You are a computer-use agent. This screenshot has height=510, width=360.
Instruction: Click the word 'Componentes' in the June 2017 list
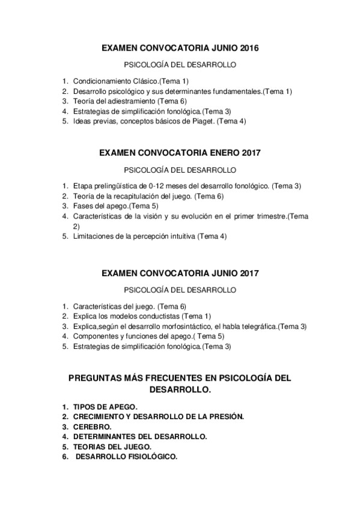96,336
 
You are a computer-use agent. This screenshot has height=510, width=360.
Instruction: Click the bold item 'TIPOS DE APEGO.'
105,407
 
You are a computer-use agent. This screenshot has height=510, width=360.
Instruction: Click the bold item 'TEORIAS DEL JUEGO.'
112,447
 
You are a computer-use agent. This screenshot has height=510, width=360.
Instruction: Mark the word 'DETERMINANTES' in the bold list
109,437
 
